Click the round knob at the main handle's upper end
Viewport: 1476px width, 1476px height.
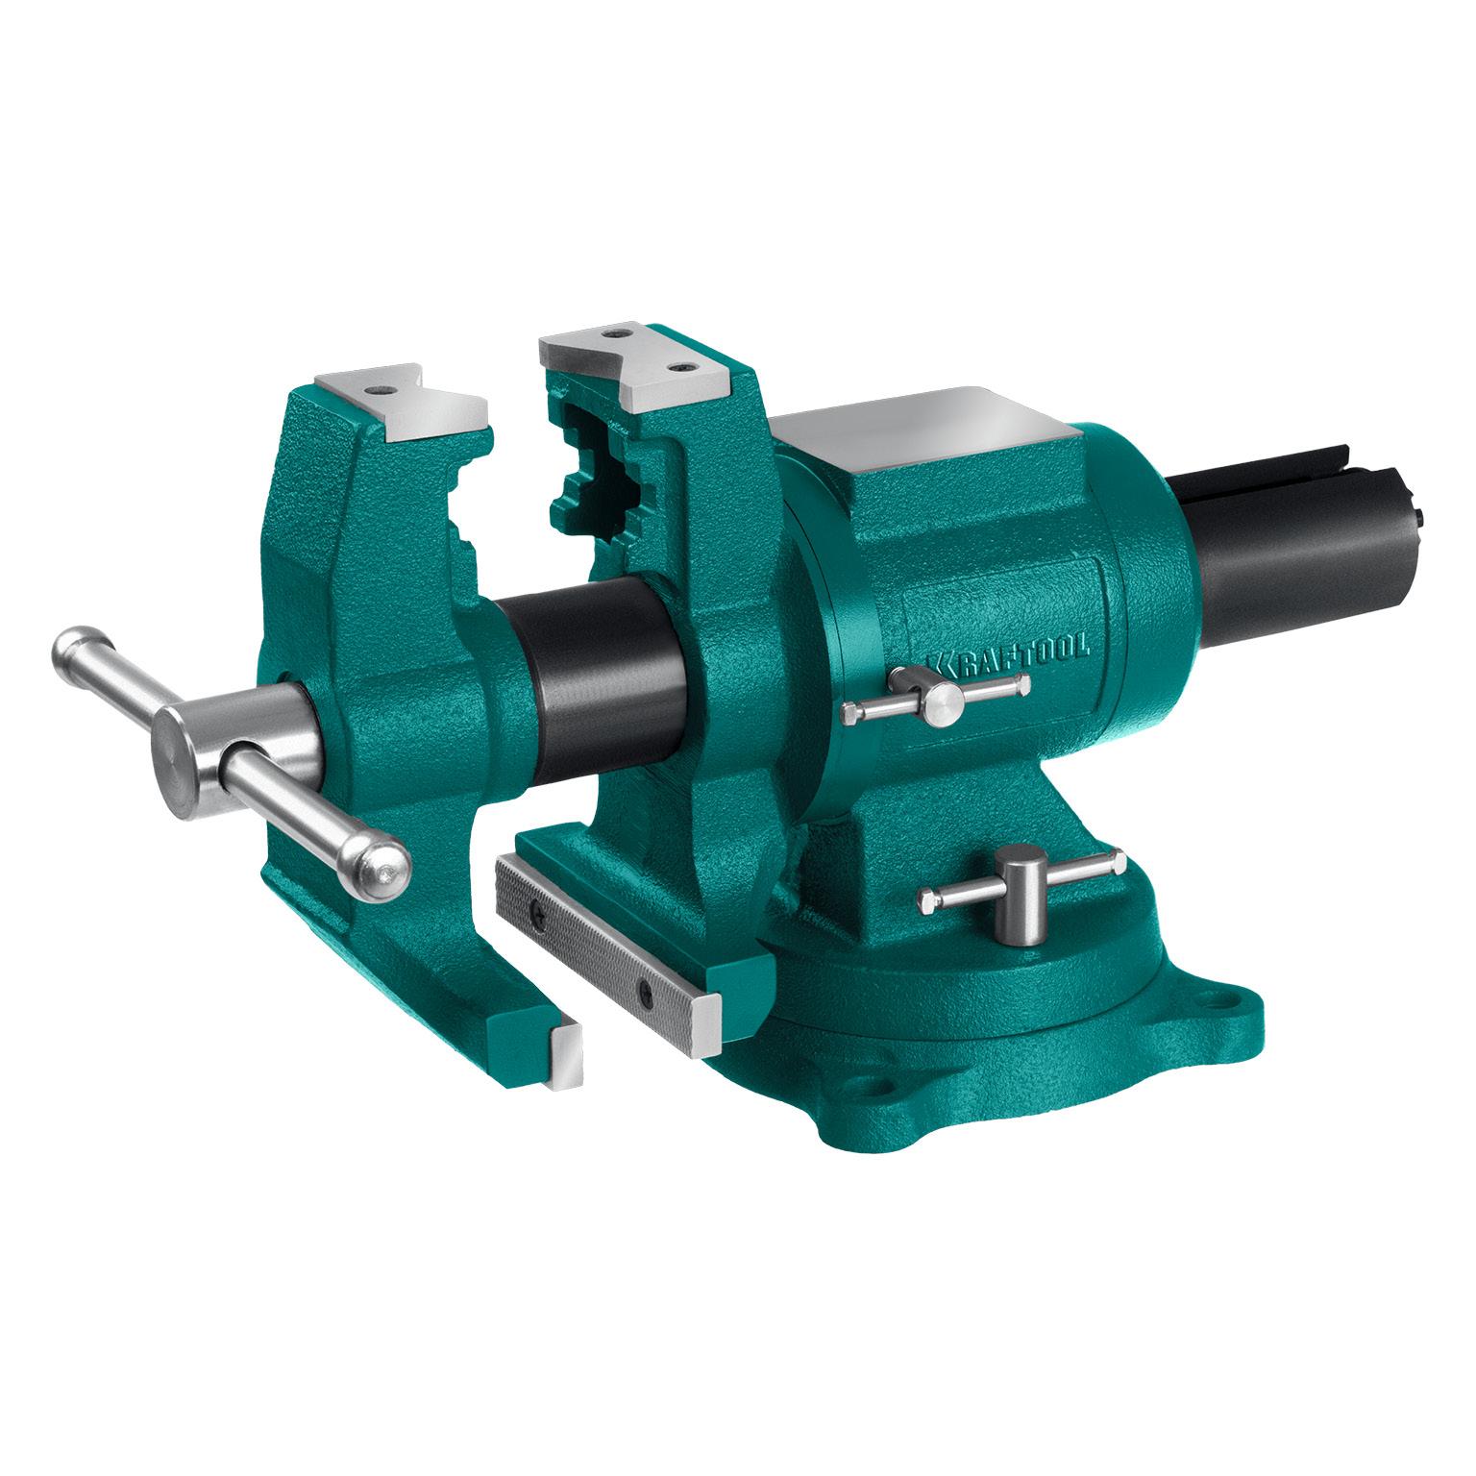tap(77, 647)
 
